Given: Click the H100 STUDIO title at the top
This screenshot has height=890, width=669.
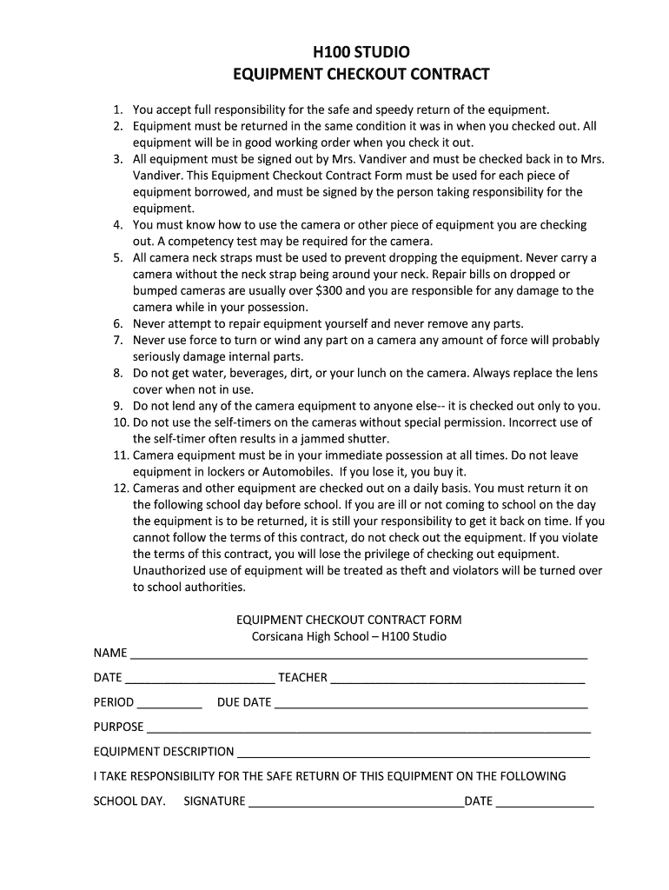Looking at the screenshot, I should [x=361, y=53].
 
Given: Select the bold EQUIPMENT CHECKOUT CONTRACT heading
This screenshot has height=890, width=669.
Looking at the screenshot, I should [x=361, y=75].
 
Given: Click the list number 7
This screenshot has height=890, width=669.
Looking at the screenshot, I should [x=118, y=341].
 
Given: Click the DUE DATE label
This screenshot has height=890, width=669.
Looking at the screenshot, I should [x=244, y=702].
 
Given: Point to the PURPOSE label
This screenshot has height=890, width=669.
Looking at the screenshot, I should [x=118, y=727].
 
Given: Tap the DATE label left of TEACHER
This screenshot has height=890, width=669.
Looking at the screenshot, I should [x=108, y=678].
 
